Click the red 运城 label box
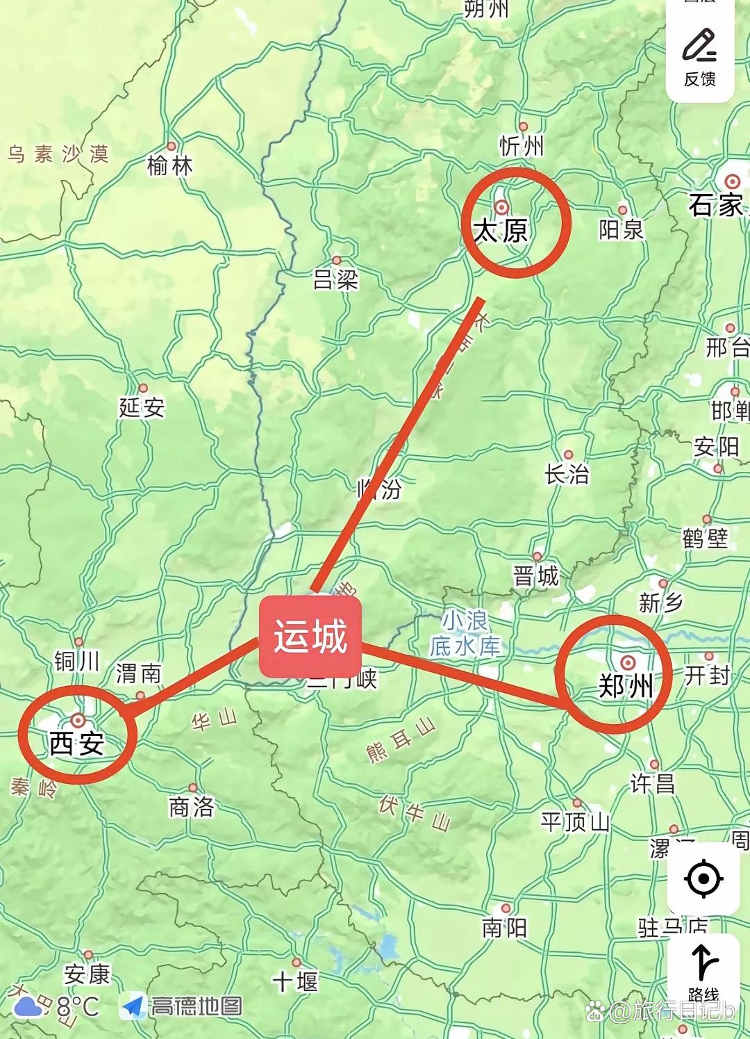[310, 637]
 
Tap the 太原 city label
[501, 230]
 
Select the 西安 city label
[76, 744]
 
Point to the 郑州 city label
[626, 686]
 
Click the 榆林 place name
[169, 165]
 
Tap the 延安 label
[142, 407]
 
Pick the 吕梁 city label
[336, 279]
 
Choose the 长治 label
[567, 474]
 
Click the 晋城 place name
[536, 576]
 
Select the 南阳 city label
[505, 928]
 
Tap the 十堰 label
[295, 981]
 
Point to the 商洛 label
[192, 807]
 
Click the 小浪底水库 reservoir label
[465, 633]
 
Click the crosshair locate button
[703, 878]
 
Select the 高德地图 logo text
[197, 1006]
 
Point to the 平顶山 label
[575, 822]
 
